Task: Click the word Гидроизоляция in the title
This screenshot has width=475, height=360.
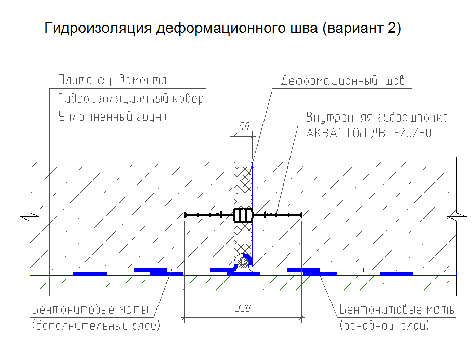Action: (98, 28)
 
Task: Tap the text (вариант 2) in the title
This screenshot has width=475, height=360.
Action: (361, 28)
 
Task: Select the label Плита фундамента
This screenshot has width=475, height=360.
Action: (112, 80)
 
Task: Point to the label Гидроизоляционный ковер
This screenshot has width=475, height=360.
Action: (130, 98)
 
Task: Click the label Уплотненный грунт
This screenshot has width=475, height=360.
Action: (113, 117)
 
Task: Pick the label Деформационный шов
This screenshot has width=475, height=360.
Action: (343, 81)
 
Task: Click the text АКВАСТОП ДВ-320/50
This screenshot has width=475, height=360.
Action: (368, 133)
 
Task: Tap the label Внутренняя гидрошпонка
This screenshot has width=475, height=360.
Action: (377, 118)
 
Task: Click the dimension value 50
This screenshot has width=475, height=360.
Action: (244, 126)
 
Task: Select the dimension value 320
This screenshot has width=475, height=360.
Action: (243, 308)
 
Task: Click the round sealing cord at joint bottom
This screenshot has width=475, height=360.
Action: (243, 263)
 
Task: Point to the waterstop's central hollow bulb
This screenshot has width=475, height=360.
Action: (243, 215)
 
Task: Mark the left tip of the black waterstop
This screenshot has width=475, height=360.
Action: (185, 215)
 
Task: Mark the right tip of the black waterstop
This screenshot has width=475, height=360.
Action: (301, 215)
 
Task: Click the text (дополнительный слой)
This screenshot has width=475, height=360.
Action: (96, 326)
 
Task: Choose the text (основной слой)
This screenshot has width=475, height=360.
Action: (384, 326)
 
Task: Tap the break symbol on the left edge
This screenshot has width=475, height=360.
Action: (30, 216)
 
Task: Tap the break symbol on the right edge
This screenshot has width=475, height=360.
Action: (456, 216)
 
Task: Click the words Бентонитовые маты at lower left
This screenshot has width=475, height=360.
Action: (90, 310)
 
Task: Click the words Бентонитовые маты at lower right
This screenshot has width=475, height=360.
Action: (398, 310)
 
